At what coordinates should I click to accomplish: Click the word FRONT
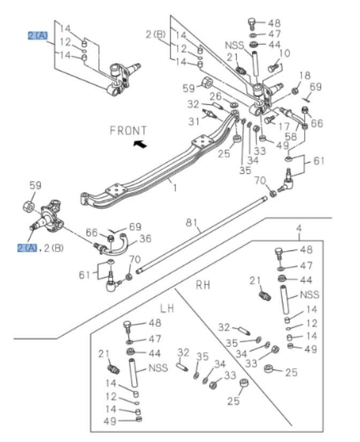pyautogui.click(x=127, y=130)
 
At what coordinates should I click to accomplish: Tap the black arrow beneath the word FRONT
pyautogui.click(x=140, y=143)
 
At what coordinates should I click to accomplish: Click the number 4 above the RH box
pyautogui.click(x=298, y=228)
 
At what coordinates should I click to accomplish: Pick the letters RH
pyautogui.click(x=203, y=285)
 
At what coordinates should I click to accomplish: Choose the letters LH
pyautogui.click(x=168, y=309)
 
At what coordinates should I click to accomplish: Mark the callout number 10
pyautogui.click(x=284, y=53)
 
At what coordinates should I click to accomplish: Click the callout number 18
pyautogui.click(x=304, y=75)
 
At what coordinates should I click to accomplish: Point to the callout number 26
pyautogui.click(x=215, y=96)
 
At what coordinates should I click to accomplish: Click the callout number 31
pyautogui.click(x=193, y=121)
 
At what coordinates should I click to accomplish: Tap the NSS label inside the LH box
pyautogui.click(x=159, y=368)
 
